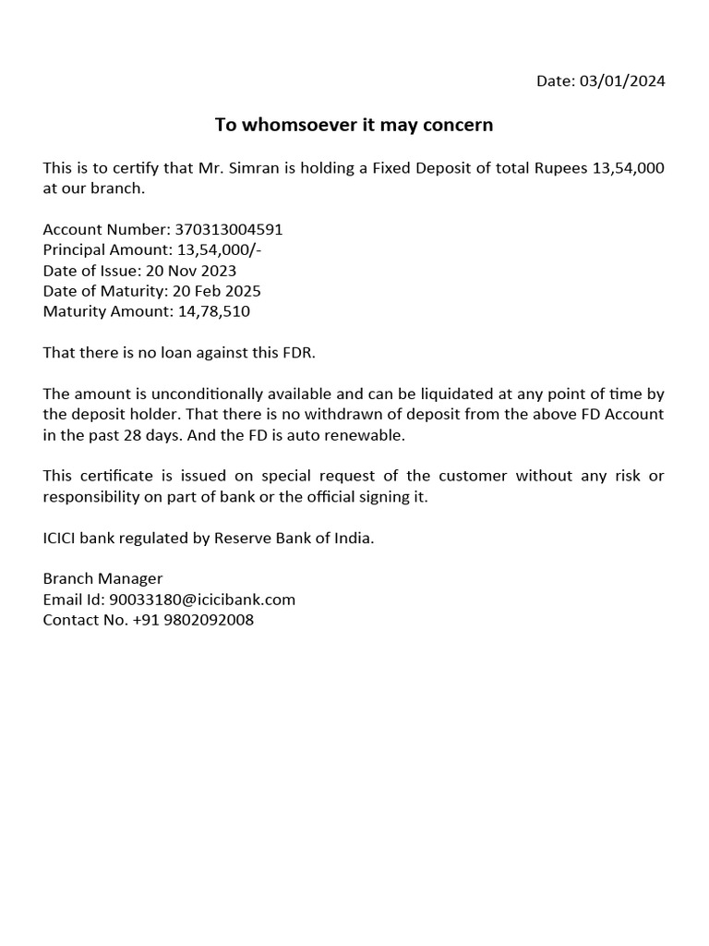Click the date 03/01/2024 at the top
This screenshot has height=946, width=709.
(622, 81)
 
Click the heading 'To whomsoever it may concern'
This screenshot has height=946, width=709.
(354, 125)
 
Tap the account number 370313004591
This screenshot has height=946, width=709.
(229, 230)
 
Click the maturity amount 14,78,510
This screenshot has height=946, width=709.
(211, 311)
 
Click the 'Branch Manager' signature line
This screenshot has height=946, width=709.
(102, 578)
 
